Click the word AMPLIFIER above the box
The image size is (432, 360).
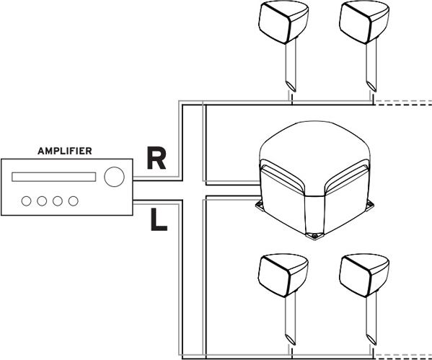[x=65, y=151]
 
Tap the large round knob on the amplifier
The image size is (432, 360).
[x=115, y=177]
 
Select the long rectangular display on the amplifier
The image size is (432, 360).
[x=53, y=177]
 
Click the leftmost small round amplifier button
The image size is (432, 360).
[x=26, y=201]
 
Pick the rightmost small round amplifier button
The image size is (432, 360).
[x=74, y=201]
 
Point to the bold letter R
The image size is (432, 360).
[x=157, y=158]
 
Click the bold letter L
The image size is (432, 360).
[x=159, y=219]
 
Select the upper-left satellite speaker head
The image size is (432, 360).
[x=283, y=22]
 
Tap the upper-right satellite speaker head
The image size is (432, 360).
[x=364, y=22]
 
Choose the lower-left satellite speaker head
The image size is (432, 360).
[x=283, y=276]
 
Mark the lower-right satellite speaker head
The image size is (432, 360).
[x=364, y=276]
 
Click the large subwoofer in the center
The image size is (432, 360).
[x=314, y=179]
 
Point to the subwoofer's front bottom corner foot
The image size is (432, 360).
[x=314, y=236]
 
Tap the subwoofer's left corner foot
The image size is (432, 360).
[x=259, y=204]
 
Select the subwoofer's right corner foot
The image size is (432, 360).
[x=371, y=204]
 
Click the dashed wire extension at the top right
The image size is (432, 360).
[x=402, y=103]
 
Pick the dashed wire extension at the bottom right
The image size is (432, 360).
[x=402, y=356]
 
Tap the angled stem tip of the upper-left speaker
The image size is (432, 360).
[x=291, y=87]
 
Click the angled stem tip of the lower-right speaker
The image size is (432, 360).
[x=371, y=340]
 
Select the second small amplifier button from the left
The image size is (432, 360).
[x=42, y=201]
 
